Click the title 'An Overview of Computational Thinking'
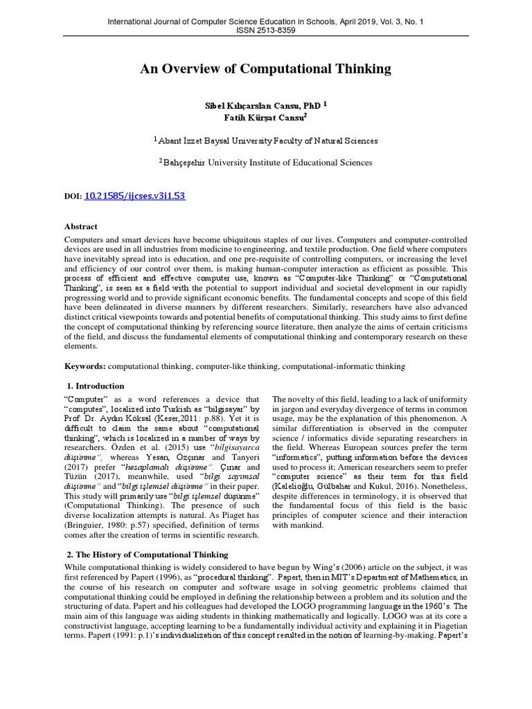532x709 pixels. click(266, 69)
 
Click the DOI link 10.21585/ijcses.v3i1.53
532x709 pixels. click(134, 197)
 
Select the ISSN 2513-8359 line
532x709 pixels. click(266, 32)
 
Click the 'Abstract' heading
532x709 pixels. click(81, 226)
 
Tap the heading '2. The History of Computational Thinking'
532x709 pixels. click(148, 555)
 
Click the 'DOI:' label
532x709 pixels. click(73, 197)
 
